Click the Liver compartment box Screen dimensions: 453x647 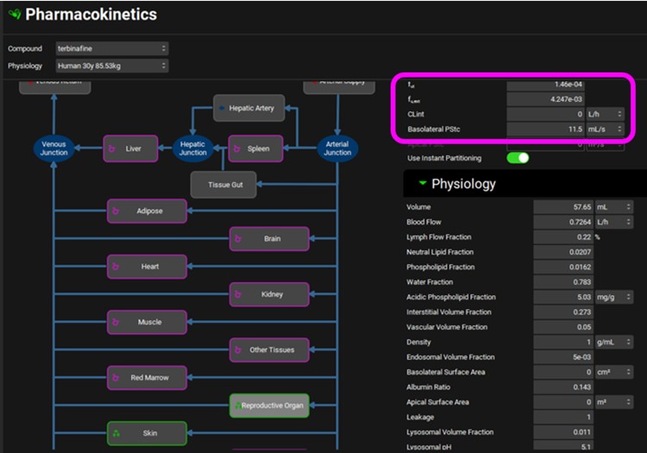pos(132,148)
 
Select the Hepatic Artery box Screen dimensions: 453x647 pos(248,108)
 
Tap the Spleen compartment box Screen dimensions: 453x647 pos(255,148)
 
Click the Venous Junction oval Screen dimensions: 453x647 pos(53,148)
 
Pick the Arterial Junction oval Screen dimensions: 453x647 pos(337,148)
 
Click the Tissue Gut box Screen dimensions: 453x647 pos(223,185)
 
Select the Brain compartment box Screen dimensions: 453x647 pos(268,238)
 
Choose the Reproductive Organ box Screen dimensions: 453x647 pos(268,406)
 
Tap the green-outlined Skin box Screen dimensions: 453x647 pos(147,433)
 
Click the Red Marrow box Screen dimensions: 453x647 pos(147,378)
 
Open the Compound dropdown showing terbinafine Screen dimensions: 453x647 pos(112,48)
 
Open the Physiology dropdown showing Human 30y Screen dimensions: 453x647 pos(112,66)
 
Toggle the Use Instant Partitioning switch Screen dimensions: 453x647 pos(518,158)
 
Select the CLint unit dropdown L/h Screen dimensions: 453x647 pos(604,114)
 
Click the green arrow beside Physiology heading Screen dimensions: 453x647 pos(422,184)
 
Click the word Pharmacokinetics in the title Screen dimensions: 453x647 pos(91,15)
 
